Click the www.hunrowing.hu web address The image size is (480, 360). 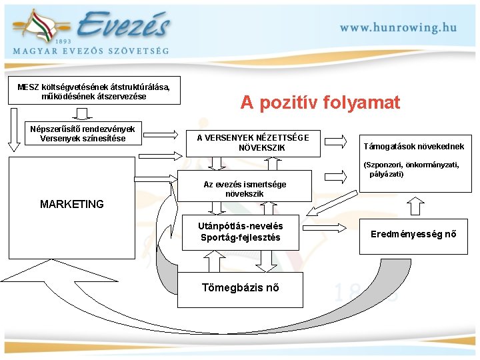[x=399, y=27]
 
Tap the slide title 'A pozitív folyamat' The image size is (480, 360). [x=320, y=103]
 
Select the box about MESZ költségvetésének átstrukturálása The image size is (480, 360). [x=98, y=92]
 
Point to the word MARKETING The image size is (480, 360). [x=72, y=204]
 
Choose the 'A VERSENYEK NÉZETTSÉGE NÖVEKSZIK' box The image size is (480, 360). [x=253, y=142]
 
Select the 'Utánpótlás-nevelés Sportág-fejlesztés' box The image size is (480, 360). [x=240, y=232]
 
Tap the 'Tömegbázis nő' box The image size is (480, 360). [x=240, y=288]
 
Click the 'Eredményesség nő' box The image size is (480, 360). [x=413, y=234]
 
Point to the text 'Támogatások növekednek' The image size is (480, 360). [x=413, y=146]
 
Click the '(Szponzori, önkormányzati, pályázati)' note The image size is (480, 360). [x=411, y=169]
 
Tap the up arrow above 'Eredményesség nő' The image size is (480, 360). [x=415, y=206]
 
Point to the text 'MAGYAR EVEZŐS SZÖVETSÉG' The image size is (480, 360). [x=91, y=51]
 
